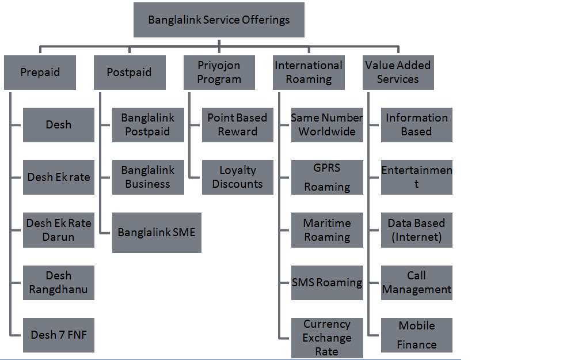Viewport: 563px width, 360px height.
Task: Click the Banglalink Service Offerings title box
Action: click(x=219, y=20)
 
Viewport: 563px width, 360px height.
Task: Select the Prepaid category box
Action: click(x=40, y=72)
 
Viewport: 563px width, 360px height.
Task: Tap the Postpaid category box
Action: click(x=130, y=72)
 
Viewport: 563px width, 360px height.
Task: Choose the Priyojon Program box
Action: click(x=219, y=72)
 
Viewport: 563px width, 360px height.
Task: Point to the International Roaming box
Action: click(x=309, y=72)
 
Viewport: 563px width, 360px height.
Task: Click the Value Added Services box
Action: click(x=398, y=72)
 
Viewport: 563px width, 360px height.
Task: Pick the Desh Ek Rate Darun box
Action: click(x=59, y=230)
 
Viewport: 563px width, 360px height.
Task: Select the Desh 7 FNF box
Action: click(x=59, y=335)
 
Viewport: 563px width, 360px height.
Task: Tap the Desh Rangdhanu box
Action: click(x=59, y=283)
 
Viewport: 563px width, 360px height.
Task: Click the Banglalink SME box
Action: click(x=157, y=233)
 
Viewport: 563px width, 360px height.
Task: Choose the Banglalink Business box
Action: click(x=148, y=177)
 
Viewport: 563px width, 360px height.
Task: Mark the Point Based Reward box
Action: click(x=237, y=124)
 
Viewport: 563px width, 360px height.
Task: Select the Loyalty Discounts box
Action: click(x=237, y=177)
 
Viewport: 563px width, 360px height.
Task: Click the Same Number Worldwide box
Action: click(x=327, y=124)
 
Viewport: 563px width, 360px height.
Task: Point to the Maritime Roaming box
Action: click(x=327, y=230)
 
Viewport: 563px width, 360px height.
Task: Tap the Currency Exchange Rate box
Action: click(x=327, y=338)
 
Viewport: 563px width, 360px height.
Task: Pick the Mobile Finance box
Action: click(x=417, y=335)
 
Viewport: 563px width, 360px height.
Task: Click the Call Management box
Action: click(x=417, y=283)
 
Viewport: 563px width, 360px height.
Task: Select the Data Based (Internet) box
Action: click(x=417, y=230)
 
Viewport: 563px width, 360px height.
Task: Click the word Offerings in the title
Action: click(x=266, y=20)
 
